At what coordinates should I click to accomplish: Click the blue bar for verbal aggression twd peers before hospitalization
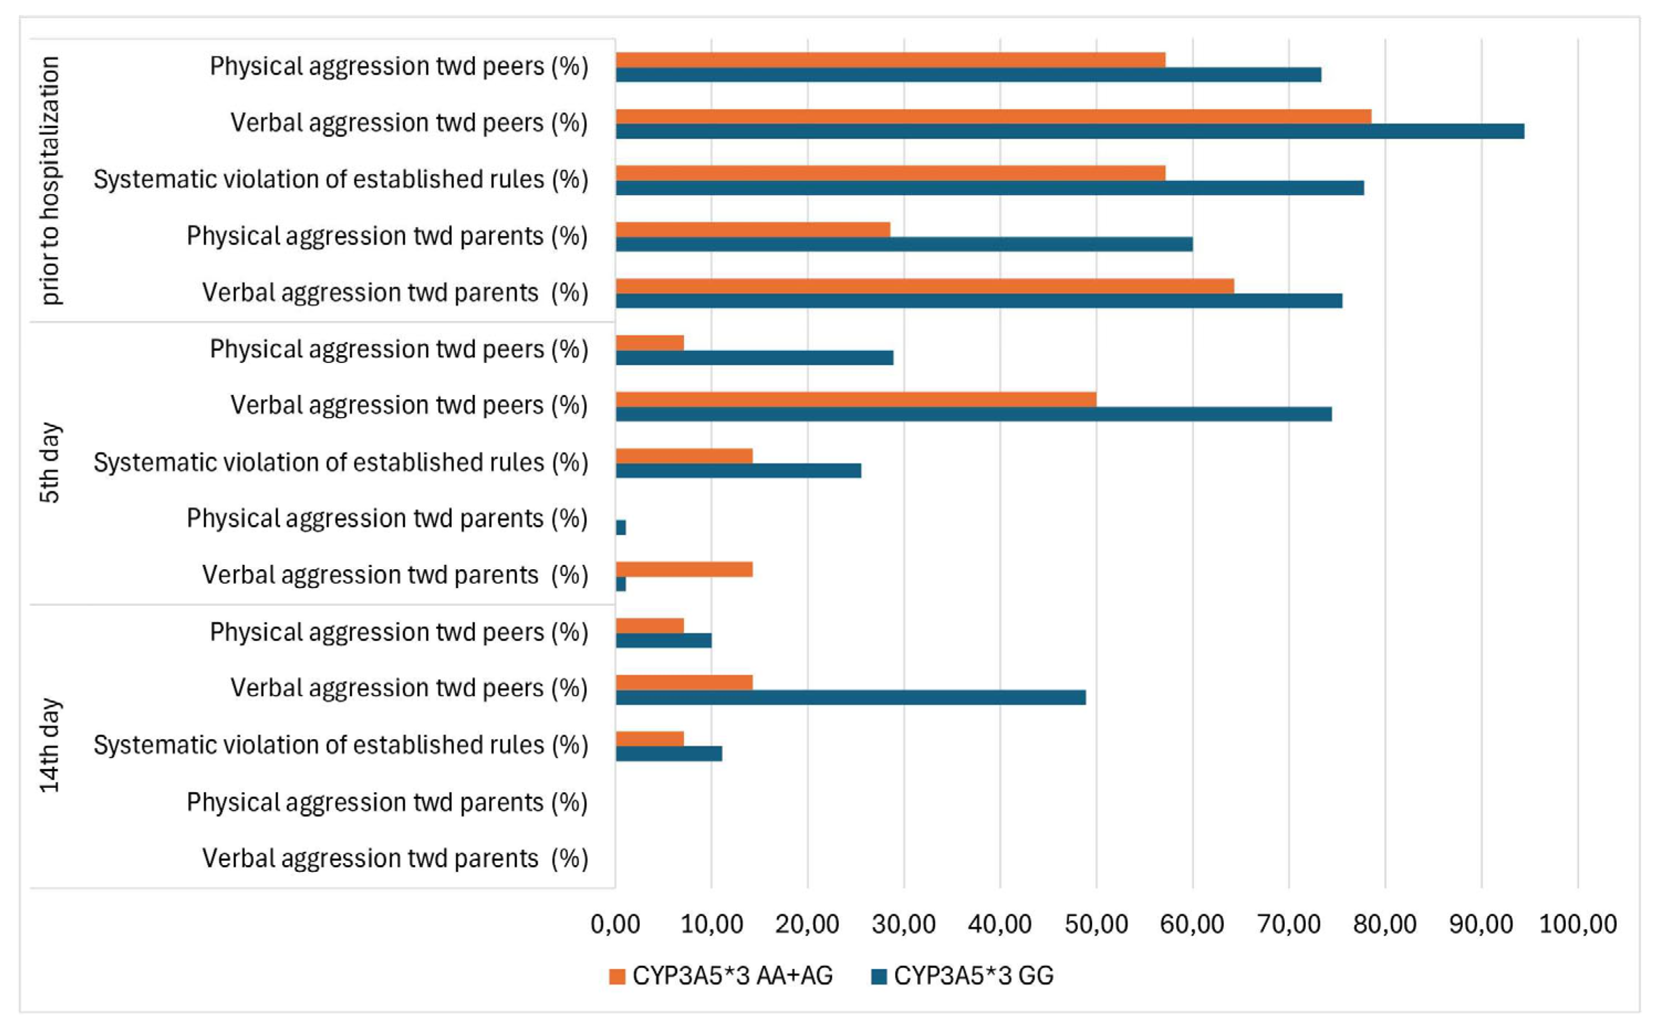coord(1070,131)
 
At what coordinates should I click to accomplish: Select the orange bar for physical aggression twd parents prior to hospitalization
coord(753,229)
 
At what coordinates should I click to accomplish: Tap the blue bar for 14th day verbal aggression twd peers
coord(850,697)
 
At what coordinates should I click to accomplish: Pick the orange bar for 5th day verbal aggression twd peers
coord(856,399)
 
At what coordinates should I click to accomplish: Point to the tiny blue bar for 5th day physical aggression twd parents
coord(621,527)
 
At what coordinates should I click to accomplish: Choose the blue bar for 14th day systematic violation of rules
coord(669,753)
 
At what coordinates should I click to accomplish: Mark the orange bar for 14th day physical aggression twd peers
coord(650,625)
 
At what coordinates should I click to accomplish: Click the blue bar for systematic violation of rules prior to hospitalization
coord(989,188)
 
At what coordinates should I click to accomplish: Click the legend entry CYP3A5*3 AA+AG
coord(721,975)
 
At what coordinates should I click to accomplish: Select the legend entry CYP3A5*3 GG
coord(962,975)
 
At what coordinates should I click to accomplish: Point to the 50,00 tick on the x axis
coord(1096,924)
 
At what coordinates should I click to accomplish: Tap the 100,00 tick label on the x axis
coord(1577,924)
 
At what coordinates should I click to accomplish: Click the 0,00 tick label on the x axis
coord(615,924)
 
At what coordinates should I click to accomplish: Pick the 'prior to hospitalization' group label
coord(50,180)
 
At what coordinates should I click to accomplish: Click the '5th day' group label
coord(50,462)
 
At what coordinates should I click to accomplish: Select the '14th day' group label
coord(50,745)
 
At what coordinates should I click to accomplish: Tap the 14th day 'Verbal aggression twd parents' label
coord(395,859)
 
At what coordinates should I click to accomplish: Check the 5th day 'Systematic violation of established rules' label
coord(341,462)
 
